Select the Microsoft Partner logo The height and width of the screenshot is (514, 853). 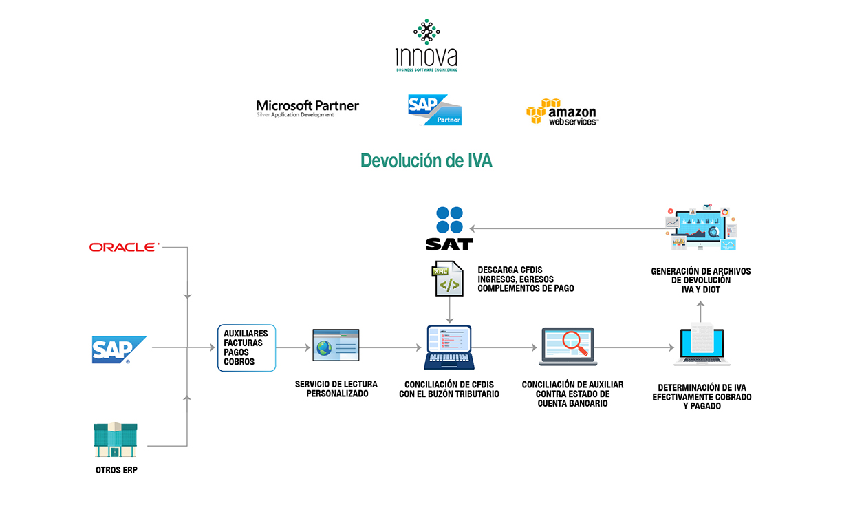[307, 109]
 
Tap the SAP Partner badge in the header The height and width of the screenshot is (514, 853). [435, 110]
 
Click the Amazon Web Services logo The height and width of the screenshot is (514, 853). [562, 111]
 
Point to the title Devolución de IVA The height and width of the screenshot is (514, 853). [426, 160]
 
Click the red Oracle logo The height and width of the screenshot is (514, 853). [125, 247]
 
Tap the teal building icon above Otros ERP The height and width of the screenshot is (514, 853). [116, 440]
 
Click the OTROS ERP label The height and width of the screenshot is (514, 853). [116, 471]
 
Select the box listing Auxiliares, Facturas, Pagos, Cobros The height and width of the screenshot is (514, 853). [246, 347]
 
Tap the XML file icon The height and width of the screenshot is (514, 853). [449, 279]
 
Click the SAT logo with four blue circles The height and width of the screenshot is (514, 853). [449, 228]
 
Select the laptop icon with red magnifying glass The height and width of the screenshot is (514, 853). [568, 346]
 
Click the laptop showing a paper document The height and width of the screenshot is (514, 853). [702, 346]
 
